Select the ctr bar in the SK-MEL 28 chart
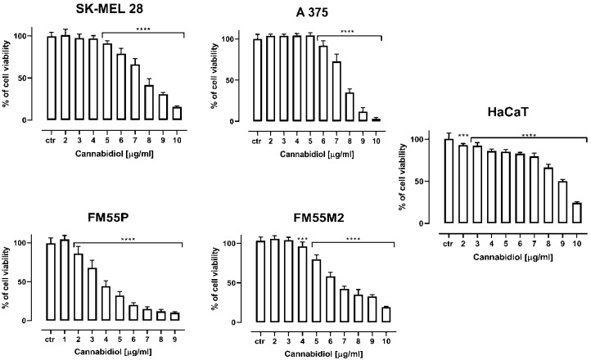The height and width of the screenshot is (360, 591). click(52, 78)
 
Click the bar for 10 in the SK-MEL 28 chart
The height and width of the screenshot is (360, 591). click(177, 113)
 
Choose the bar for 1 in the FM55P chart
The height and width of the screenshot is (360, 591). click(65, 278)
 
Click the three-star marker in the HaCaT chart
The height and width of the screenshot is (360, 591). click(462, 137)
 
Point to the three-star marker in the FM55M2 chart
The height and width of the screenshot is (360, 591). click(302, 240)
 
